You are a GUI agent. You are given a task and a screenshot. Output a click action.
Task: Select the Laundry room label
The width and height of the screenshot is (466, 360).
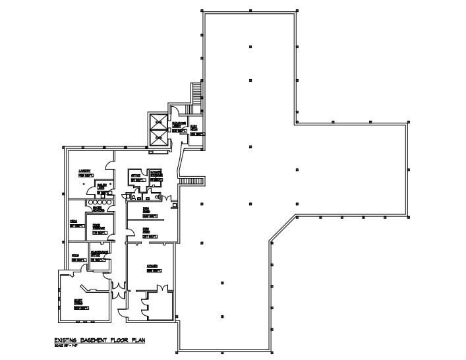[x=84, y=171]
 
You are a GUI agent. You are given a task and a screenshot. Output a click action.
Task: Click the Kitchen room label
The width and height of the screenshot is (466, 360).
[x=154, y=266]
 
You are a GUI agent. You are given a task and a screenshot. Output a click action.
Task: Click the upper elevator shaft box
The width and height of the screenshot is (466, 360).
[x=158, y=121]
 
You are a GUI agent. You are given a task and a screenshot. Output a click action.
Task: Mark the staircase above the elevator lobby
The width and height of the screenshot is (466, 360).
[x=196, y=93]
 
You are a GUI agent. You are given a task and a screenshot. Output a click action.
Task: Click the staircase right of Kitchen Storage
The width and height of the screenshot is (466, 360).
[x=193, y=181]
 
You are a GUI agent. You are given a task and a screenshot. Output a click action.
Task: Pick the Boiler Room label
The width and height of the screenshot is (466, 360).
[x=102, y=186]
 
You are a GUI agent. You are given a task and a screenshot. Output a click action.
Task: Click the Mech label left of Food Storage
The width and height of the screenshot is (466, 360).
[x=76, y=221]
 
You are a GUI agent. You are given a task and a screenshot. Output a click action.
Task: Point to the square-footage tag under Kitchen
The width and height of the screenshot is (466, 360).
[x=154, y=271]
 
